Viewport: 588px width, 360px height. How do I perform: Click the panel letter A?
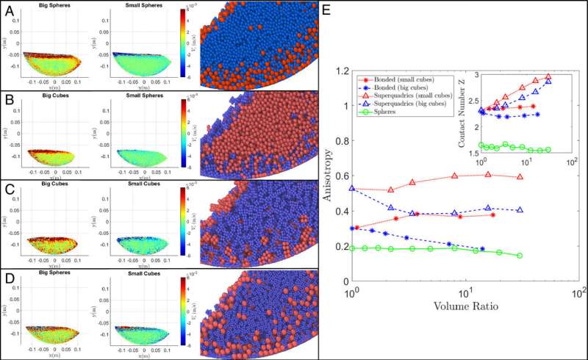7,9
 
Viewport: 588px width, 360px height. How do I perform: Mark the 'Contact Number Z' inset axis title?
461,112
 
